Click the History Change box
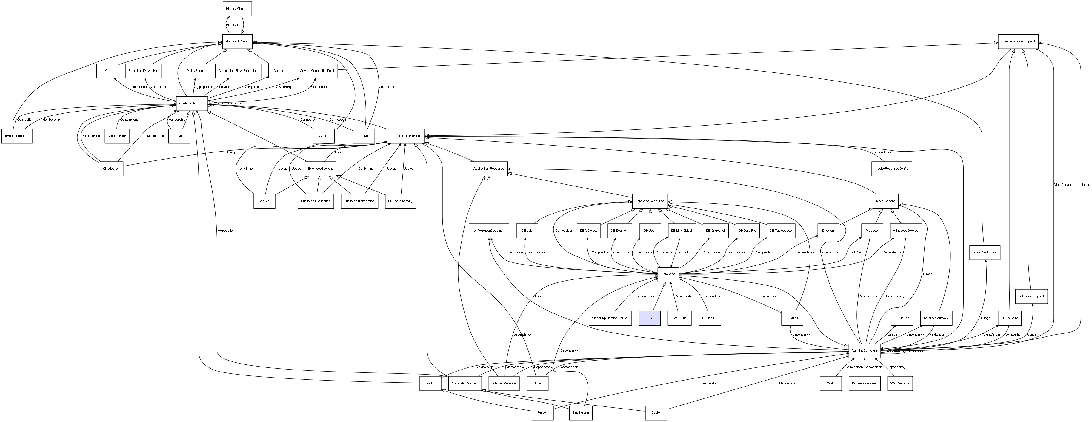point(237,9)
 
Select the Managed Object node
point(237,41)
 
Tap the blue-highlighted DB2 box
point(649,318)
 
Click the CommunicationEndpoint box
point(1017,41)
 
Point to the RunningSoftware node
point(864,351)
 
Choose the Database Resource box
point(649,201)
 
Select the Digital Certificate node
point(984,253)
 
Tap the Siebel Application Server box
point(610,318)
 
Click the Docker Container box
point(864,384)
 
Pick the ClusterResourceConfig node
point(891,169)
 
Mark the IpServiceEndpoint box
point(1031,296)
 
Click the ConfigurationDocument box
point(488,231)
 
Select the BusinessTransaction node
point(359,201)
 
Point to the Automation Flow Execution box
point(238,71)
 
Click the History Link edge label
point(234,25)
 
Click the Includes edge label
point(224,87)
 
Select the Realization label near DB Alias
point(769,296)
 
